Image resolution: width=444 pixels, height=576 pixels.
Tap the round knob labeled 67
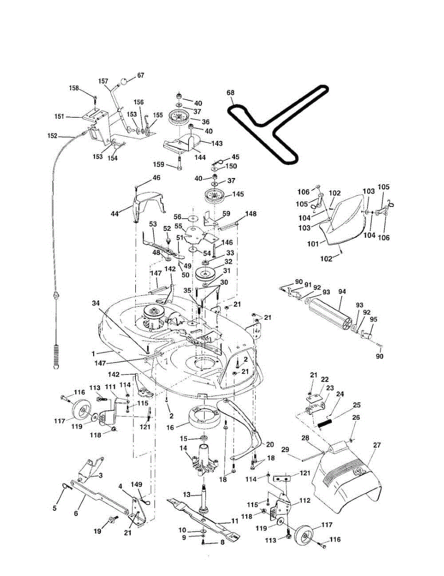pos(124,82)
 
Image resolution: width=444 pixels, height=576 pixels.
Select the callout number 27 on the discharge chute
pos(376,445)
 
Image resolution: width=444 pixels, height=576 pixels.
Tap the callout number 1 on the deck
pos(93,353)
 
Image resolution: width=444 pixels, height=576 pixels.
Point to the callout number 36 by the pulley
pos(205,122)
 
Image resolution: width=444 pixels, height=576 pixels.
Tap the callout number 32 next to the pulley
pos(228,262)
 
